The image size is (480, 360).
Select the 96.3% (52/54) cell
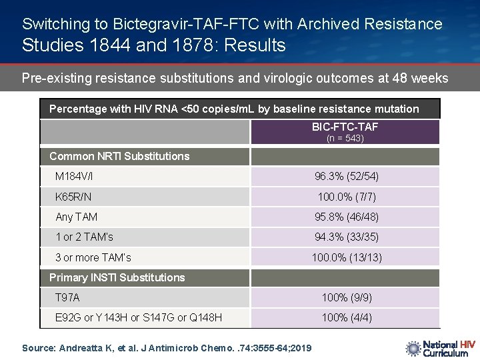point(345,177)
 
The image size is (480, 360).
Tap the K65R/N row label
point(73,197)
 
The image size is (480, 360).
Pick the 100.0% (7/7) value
point(345,197)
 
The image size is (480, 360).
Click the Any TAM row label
point(77,217)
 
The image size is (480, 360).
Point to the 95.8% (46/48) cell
point(345,217)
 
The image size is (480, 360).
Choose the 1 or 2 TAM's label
point(85,237)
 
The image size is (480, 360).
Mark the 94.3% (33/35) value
point(345,237)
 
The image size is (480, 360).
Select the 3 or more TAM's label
point(93,257)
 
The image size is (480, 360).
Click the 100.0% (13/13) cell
point(345,257)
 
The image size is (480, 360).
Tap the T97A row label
point(67,298)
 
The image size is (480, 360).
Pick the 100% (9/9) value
point(345,298)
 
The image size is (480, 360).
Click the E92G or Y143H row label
point(139,318)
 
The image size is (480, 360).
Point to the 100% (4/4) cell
point(345,318)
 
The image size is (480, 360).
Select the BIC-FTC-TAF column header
point(345,127)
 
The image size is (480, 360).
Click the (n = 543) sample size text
point(345,138)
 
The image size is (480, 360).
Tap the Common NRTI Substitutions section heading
point(119,157)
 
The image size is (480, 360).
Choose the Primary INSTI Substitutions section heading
point(117,277)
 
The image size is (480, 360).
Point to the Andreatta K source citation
point(167,348)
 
